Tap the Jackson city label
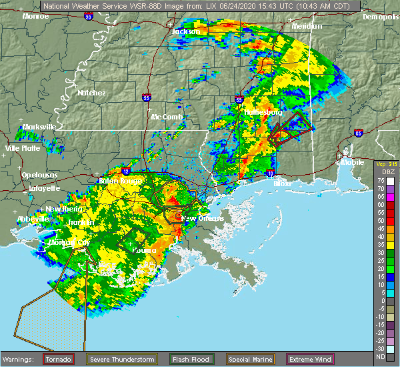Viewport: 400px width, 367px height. (186, 31)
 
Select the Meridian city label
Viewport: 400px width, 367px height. (307, 26)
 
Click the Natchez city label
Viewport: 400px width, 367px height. (91, 93)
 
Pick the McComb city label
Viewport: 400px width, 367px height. (167, 117)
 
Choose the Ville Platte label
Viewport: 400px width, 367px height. (23, 148)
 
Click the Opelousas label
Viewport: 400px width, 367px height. (37, 173)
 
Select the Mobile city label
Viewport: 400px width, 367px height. (352, 162)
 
